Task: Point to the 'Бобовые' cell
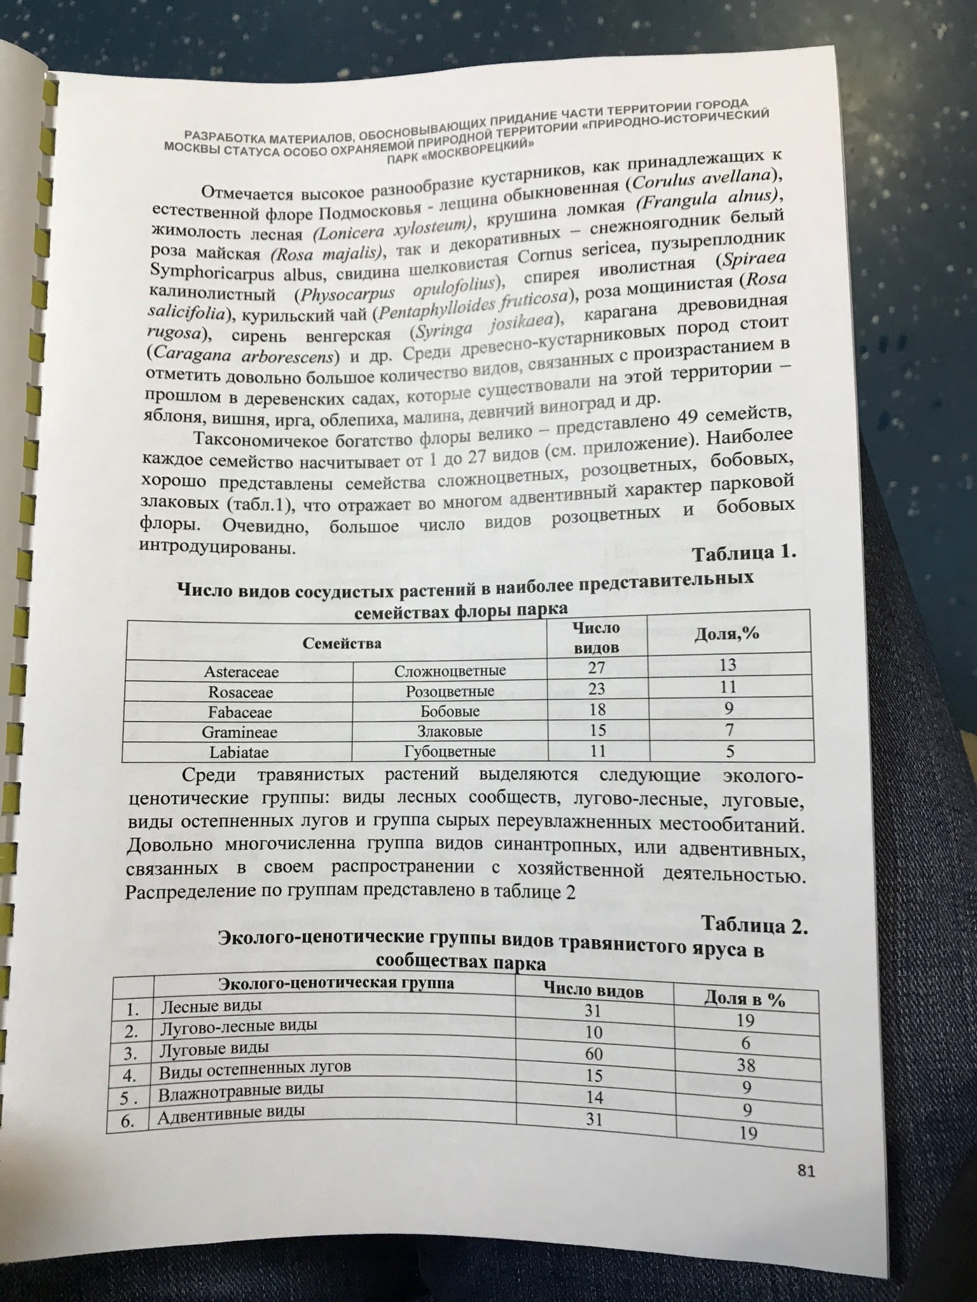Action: pos(450,711)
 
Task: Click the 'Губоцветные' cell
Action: pos(450,751)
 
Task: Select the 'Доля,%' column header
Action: pos(725,636)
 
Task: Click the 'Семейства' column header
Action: pos(338,642)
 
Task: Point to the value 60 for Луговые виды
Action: pos(593,1053)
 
